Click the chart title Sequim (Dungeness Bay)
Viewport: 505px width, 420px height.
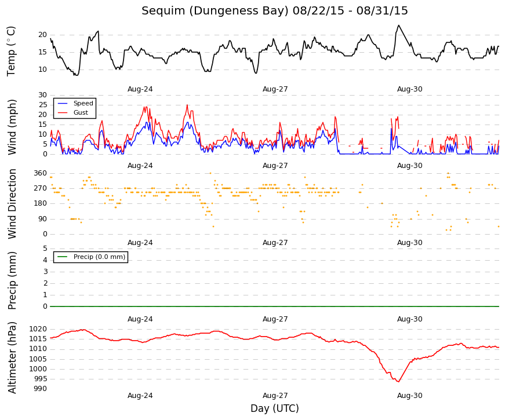[215, 11]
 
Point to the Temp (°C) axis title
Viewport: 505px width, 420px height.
[11, 52]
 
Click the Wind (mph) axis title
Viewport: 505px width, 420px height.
[12, 127]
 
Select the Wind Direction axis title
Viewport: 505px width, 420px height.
[12, 204]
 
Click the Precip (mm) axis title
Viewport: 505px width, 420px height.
[12, 280]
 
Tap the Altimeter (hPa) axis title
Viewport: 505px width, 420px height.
[12, 357]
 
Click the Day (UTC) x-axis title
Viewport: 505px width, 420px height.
[275, 408]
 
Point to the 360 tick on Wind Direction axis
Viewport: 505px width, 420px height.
[41, 173]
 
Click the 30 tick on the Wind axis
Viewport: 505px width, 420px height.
[43, 95]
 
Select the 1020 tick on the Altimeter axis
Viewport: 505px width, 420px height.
[38, 329]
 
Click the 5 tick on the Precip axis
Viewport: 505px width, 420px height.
[45, 249]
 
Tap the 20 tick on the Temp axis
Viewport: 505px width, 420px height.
[43, 35]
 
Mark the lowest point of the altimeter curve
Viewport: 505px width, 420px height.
[399, 382]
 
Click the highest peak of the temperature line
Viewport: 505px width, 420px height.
[399, 25]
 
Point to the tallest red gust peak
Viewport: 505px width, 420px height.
[187, 105]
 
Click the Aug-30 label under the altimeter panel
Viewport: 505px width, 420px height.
[410, 396]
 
